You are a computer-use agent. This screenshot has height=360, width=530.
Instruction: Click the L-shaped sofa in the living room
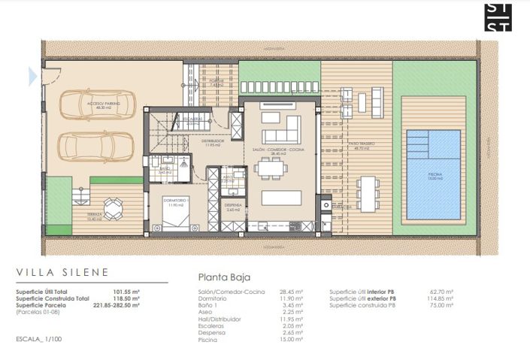(x=280, y=128)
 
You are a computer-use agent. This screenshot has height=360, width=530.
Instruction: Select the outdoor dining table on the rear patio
(x=367, y=192)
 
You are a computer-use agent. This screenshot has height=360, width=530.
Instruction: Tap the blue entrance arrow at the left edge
(x=32, y=75)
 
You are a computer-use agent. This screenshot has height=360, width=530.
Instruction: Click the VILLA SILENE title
(x=62, y=272)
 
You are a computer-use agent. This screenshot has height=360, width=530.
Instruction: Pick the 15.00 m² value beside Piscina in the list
(x=292, y=340)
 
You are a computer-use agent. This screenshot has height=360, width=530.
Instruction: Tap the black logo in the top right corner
(x=498, y=17)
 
